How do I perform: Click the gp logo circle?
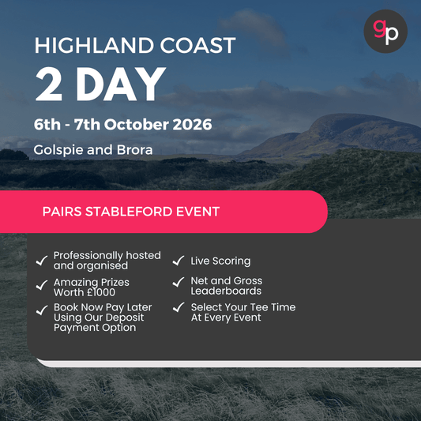click(x=385, y=32)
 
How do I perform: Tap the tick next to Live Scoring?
click(x=178, y=261)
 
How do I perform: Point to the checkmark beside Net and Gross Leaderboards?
click(x=178, y=282)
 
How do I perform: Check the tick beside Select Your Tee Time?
click(x=178, y=308)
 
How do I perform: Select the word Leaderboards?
click(x=226, y=291)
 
